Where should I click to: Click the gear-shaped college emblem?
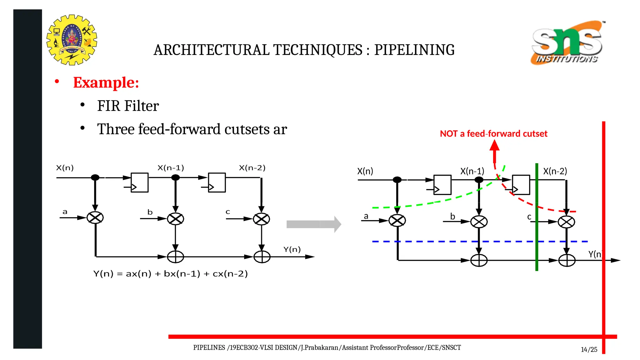click(x=72, y=40)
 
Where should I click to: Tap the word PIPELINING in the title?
click(x=414, y=50)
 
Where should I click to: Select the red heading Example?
click(x=106, y=83)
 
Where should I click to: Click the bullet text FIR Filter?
click(x=128, y=106)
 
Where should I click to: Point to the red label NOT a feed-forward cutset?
click(x=493, y=134)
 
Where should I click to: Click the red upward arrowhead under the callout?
click(x=494, y=146)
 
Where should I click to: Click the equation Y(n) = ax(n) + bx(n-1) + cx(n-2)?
click(x=170, y=274)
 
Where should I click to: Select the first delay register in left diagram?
click(x=139, y=182)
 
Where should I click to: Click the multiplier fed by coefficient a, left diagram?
click(x=95, y=217)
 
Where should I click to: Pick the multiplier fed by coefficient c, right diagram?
click(x=566, y=222)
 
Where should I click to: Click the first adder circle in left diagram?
click(x=175, y=257)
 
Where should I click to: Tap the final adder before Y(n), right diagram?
click(x=567, y=260)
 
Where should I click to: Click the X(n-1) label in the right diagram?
click(x=472, y=171)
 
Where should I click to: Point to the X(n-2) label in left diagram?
click(x=252, y=168)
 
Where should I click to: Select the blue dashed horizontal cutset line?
click(x=437, y=242)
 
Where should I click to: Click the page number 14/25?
click(x=589, y=350)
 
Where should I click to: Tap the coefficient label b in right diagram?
click(x=452, y=216)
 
